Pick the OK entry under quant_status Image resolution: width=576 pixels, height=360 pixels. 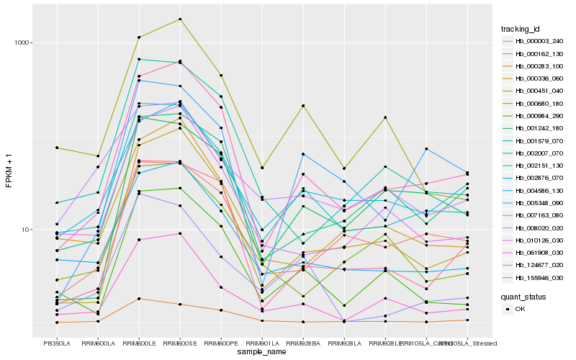click(x=520, y=308)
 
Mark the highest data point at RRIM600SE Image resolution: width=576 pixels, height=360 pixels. click(x=180, y=19)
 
